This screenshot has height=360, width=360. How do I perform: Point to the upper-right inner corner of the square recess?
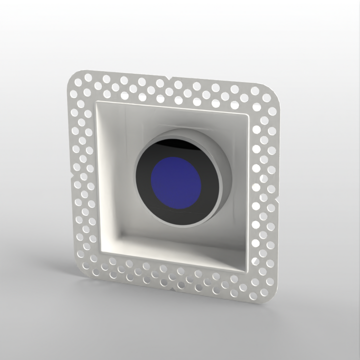247,114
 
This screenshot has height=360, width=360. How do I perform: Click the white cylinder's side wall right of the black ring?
226,170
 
